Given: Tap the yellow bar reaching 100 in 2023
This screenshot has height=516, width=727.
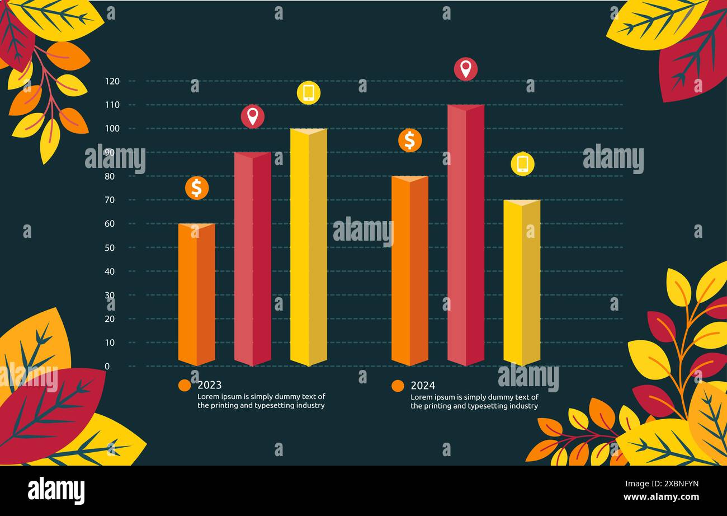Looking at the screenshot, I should [x=308, y=247].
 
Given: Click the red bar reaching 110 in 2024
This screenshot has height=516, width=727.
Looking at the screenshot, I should [x=465, y=235].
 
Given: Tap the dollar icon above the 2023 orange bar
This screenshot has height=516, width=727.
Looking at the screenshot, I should [x=197, y=188].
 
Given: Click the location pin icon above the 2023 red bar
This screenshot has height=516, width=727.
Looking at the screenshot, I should [x=253, y=116].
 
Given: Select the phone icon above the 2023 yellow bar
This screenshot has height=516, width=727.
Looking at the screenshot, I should [x=309, y=92].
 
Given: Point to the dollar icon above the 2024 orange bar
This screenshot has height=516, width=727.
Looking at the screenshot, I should [x=410, y=140].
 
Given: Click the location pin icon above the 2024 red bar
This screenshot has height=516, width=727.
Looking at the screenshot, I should [x=466, y=69].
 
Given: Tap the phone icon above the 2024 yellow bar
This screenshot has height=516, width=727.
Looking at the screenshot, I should [x=522, y=164].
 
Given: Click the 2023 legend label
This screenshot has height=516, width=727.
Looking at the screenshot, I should [x=209, y=385].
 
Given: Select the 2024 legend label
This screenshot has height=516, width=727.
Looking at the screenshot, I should [x=423, y=386].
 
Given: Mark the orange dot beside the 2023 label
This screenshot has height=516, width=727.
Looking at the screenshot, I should [x=185, y=385].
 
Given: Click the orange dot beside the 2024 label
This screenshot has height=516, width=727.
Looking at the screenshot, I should [x=398, y=386].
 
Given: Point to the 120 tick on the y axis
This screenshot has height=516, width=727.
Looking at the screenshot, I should [x=112, y=81].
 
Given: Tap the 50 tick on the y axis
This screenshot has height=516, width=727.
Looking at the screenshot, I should [x=110, y=247].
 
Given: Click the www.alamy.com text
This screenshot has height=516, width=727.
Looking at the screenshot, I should [x=660, y=497].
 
